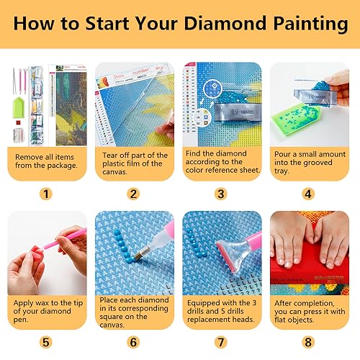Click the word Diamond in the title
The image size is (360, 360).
(225, 24)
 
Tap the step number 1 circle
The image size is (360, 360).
(46, 194)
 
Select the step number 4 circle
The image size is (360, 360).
(308, 194)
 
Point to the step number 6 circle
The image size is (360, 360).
(133, 342)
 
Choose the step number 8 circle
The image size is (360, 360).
(308, 342)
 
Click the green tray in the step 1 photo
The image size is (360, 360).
(19, 107)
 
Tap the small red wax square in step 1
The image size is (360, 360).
(18, 122)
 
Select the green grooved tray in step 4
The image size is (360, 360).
(295, 120)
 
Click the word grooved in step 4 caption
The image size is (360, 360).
(317, 163)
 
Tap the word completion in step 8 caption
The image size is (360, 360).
(316, 303)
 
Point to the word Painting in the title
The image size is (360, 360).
(310, 24)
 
